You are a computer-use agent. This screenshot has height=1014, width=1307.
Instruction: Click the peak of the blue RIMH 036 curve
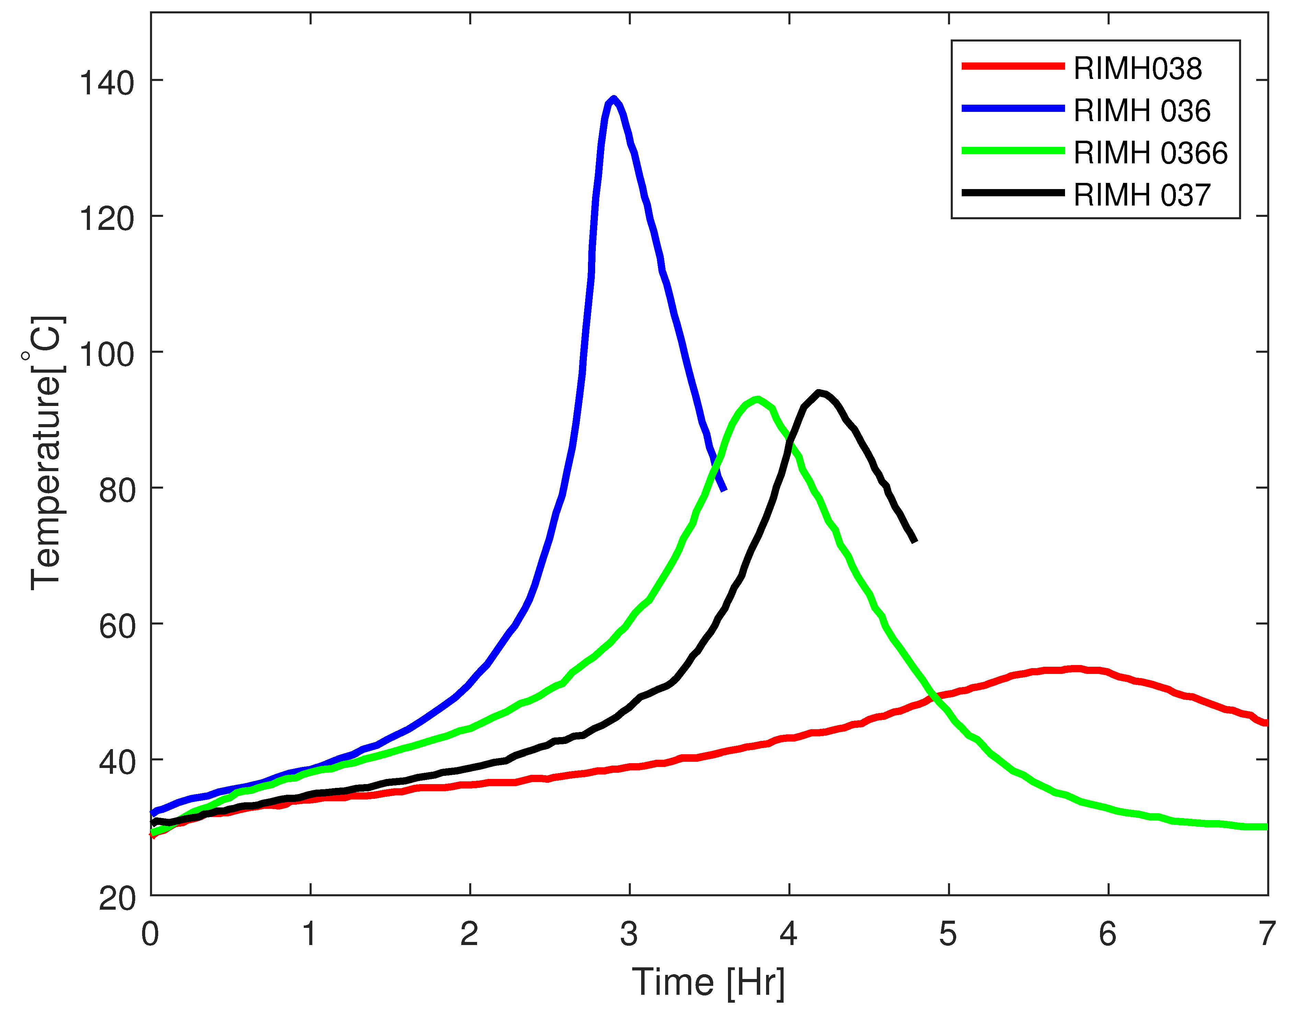[x=613, y=99]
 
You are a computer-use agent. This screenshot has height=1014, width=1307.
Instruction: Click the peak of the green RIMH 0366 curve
[x=758, y=399]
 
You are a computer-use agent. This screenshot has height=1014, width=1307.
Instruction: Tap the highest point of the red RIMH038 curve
[x=1076, y=669]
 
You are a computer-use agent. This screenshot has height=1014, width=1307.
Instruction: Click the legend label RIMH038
[x=1137, y=69]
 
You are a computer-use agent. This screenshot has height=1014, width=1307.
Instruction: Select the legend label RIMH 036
[x=1142, y=111]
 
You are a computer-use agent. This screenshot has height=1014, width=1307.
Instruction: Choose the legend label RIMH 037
[x=1142, y=196]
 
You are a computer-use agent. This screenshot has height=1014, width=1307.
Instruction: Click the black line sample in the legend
[x=1013, y=193]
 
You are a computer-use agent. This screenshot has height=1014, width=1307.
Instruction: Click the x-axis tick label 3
[x=629, y=934]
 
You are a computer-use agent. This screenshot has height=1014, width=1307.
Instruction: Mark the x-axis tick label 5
[x=948, y=934]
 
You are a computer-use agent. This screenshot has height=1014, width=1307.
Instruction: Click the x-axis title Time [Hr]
[x=708, y=982]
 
